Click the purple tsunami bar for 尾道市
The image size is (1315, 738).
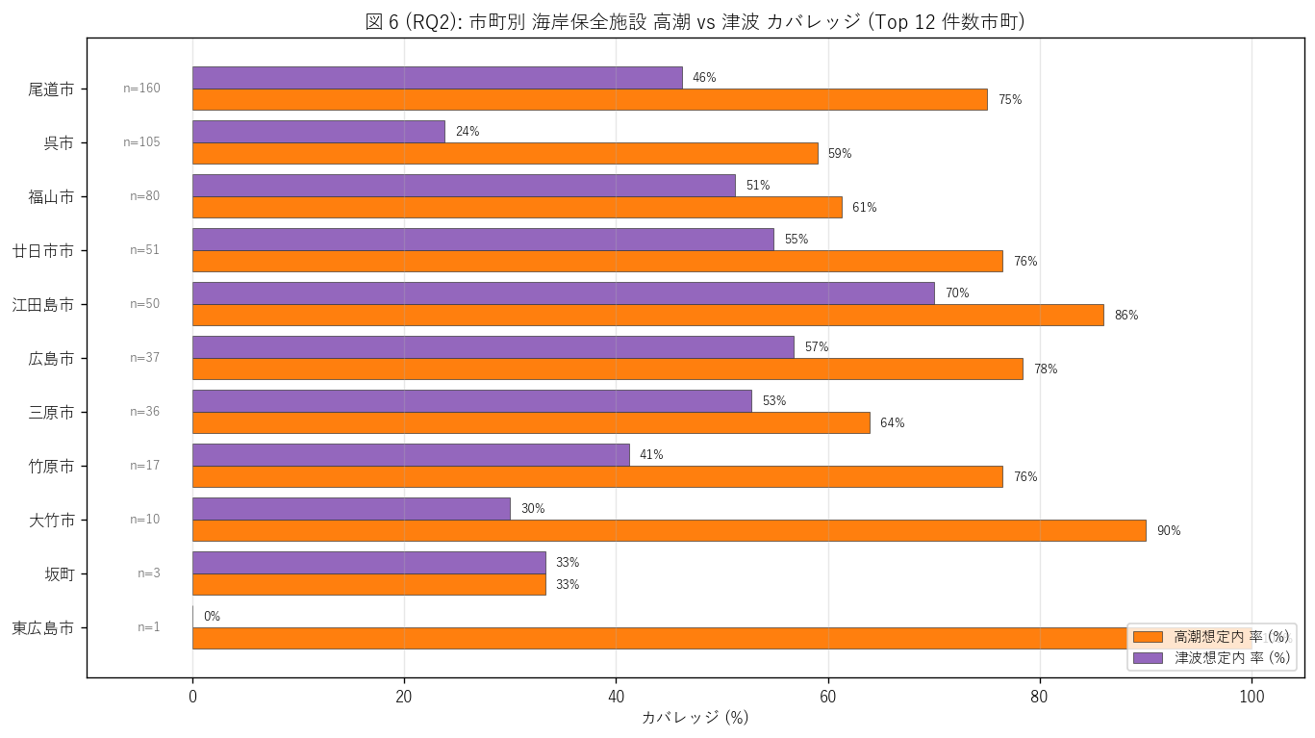click(438, 78)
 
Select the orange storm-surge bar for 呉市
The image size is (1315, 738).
click(505, 153)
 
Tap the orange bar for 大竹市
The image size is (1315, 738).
click(670, 530)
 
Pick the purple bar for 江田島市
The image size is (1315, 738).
click(564, 293)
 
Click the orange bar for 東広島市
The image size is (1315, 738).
click(722, 638)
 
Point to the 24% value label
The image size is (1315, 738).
click(468, 132)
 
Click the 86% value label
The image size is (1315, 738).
click(1125, 316)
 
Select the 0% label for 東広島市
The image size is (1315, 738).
click(212, 617)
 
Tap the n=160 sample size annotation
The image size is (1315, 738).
click(141, 89)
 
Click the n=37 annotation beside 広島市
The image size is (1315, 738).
click(144, 358)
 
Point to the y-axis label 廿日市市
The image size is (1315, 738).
click(43, 251)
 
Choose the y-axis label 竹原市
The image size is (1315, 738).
click(51, 467)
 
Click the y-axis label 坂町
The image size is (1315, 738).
click(60, 574)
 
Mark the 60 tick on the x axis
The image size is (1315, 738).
click(827, 697)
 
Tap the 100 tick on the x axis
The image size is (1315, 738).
click(1252, 697)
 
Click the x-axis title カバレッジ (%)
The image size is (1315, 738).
click(695, 718)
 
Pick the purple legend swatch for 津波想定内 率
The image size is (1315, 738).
click(1148, 658)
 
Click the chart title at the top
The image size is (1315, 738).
click(695, 22)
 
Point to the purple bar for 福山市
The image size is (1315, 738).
click(464, 186)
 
